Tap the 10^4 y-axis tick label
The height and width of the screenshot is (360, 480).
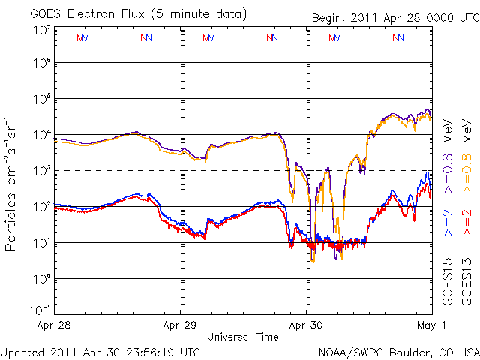(41, 135)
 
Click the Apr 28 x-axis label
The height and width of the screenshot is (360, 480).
(54, 325)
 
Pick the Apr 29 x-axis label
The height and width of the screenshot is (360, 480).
(180, 325)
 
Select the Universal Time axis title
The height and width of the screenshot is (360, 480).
(243, 337)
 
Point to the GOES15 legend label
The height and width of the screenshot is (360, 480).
(448, 281)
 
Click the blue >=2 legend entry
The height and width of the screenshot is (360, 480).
(448, 224)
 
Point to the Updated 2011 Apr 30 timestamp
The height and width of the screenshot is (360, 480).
(100, 352)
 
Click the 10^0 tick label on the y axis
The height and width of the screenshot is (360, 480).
(41, 279)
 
